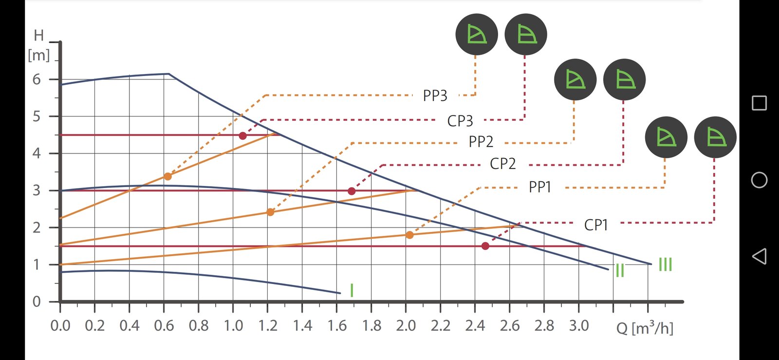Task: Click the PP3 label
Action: [435, 95]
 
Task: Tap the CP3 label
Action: [460, 121]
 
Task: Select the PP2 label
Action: [481, 142]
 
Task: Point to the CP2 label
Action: [502, 164]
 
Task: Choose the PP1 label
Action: [540, 187]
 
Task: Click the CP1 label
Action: [596, 225]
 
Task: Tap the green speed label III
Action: [665, 265]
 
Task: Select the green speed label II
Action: [620, 270]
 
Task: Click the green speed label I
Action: [352, 290]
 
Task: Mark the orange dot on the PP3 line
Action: [167, 176]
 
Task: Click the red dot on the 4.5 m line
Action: [242, 136]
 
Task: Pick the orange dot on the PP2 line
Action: [270, 212]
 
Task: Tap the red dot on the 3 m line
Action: [352, 191]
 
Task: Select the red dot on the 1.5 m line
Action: [485, 246]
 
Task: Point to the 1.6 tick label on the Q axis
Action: [337, 325]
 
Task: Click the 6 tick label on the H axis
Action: [37, 79]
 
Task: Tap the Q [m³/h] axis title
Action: [645, 328]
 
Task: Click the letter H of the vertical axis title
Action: [39, 36]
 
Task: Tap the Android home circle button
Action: [759, 180]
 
